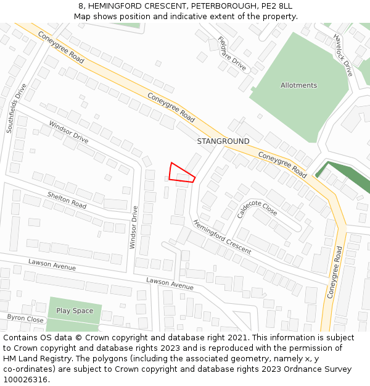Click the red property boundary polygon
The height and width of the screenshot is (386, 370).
181,173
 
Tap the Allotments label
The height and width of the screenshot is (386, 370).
298,85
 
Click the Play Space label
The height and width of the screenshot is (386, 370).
75,311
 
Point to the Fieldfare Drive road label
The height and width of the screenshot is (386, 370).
232,53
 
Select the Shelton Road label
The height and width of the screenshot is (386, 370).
67,199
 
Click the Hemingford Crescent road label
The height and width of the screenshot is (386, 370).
222,237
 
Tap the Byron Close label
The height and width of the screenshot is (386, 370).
25,319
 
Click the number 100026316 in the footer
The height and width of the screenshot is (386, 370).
25,380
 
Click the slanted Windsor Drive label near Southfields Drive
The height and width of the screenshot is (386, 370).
69,132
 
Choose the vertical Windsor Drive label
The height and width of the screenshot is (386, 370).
133,227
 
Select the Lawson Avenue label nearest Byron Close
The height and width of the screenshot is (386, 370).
52,265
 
